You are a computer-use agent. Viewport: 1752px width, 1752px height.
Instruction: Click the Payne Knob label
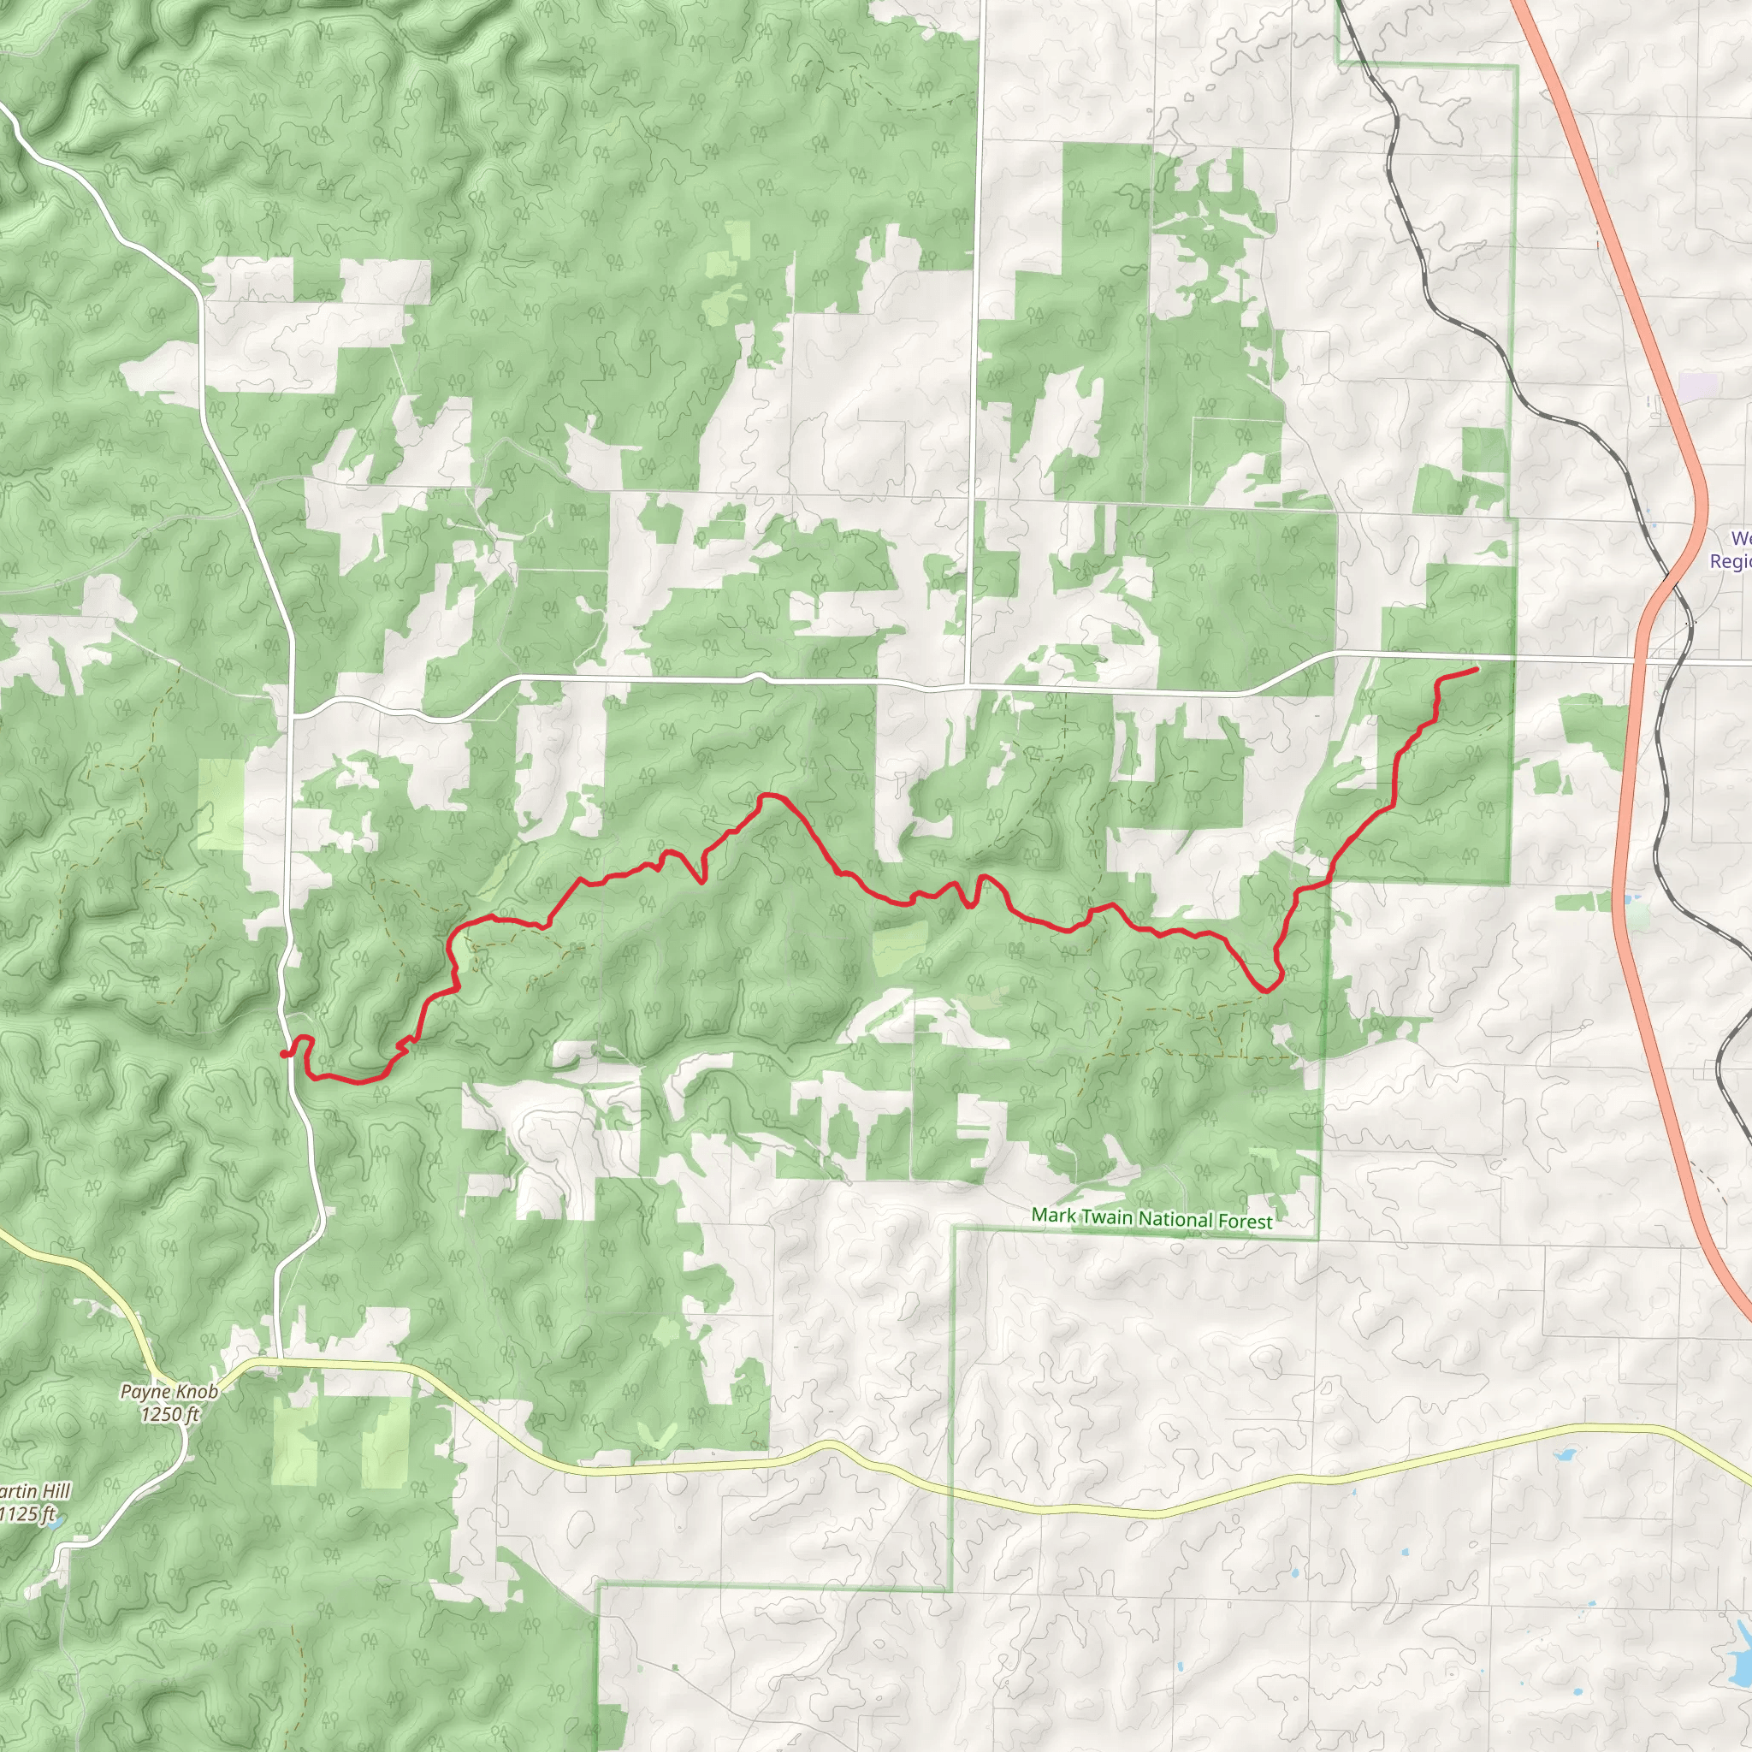pyautogui.click(x=169, y=1391)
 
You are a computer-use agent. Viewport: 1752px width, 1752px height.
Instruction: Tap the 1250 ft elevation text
pyautogui.click(x=169, y=1414)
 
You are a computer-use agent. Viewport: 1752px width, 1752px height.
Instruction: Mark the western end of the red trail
pyautogui.click(x=284, y=1054)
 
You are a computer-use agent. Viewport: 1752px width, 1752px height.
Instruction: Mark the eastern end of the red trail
pyautogui.click(x=1477, y=669)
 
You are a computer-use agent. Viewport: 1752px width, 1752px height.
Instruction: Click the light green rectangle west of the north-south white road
pyautogui.click(x=222, y=803)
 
